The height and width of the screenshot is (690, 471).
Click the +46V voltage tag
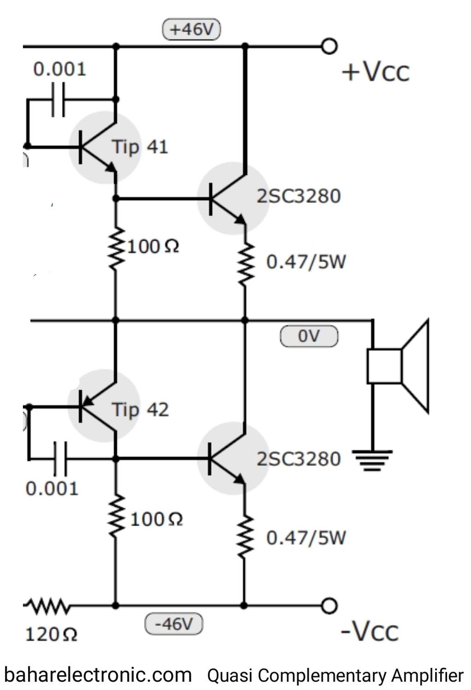192,29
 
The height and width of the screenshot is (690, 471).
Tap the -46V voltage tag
173,624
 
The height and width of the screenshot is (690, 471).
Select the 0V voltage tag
309,336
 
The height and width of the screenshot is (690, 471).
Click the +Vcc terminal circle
329,46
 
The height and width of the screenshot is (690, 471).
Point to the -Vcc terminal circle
329,606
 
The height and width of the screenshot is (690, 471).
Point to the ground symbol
372,460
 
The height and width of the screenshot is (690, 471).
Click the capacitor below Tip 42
60,458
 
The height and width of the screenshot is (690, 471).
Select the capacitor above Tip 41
58,99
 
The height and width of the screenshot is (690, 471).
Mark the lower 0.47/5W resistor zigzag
245,537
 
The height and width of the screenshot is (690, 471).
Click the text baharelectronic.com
98,675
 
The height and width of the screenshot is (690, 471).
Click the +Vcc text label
375,72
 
